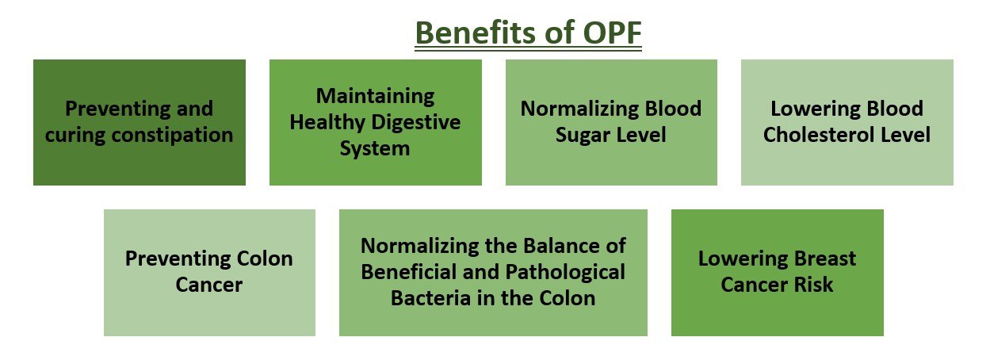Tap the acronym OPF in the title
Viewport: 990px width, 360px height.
612,33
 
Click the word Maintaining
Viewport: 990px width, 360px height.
375,97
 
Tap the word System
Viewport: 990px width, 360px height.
375,149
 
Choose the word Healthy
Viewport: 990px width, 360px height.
327,122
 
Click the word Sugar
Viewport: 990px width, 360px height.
583,136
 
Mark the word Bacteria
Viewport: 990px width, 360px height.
431,298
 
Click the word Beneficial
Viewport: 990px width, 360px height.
409,271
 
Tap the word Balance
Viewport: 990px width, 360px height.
556,246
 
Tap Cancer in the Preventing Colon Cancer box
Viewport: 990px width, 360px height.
209,285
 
